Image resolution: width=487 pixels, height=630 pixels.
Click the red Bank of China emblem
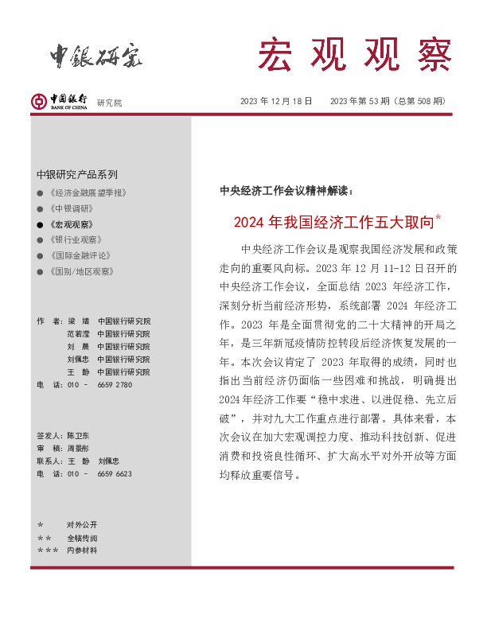37,101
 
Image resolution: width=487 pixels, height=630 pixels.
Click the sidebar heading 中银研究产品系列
77,174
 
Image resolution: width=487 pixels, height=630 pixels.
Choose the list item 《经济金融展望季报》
88,192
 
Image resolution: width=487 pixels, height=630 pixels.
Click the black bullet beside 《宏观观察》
40,224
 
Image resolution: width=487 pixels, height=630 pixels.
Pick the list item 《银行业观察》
75,239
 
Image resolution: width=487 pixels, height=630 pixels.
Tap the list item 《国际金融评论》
80,255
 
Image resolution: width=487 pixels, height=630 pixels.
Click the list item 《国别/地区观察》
80,271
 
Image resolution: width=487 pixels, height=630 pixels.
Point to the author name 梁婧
77,321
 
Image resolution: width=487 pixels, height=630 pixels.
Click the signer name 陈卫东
78,436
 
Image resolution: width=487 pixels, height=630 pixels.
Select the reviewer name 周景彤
78,449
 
